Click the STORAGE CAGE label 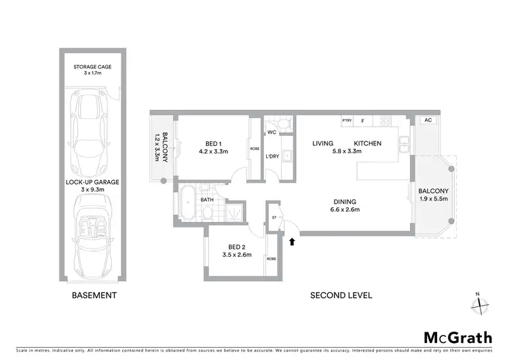tap(94, 67)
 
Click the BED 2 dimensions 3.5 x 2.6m tap(238, 255)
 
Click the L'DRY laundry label tap(272, 156)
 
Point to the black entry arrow tap(293, 240)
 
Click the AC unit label tap(428, 120)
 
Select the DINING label tap(345, 201)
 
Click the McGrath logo tap(458, 338)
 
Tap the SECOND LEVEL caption tap(341, 295)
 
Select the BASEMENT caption tap(94, 295)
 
